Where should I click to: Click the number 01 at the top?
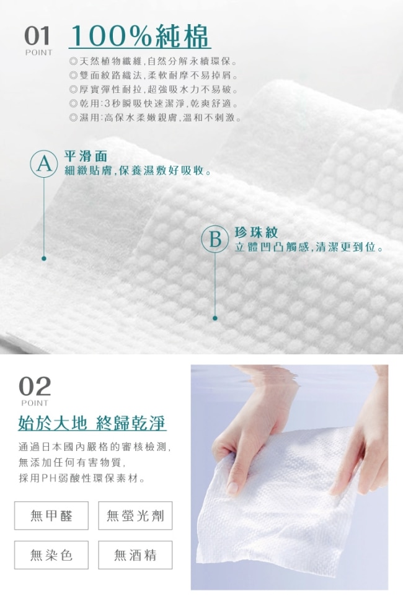click(x=37, y=36)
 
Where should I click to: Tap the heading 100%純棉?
click(x=139, y=36)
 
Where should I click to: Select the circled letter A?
click(x=44, y=164)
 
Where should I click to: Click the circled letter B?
click(x=215, y=239)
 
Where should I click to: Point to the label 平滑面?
click(x=86, y=156)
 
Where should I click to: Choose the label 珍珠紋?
click(x=257, y=232)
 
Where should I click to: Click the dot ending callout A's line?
click(x=44, y=258)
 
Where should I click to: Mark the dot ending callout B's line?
click(x=215, y=318)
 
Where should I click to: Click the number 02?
click(x=35, y=387)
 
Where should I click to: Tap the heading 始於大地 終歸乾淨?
click(x=92, y=423)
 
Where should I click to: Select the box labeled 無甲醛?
click(x=51, y=515)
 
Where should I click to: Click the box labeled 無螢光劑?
click(x=135, y=515)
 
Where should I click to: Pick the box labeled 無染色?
click(x=51, y=555)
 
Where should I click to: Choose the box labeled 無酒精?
click(x=135, y=555)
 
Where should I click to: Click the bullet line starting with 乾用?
click(x=154, y=103)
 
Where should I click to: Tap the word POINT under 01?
click(x=38, y=53)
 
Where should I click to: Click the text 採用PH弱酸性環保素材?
click(x=82, y=478)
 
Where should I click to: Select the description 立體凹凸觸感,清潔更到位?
click(x=309, y=247)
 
